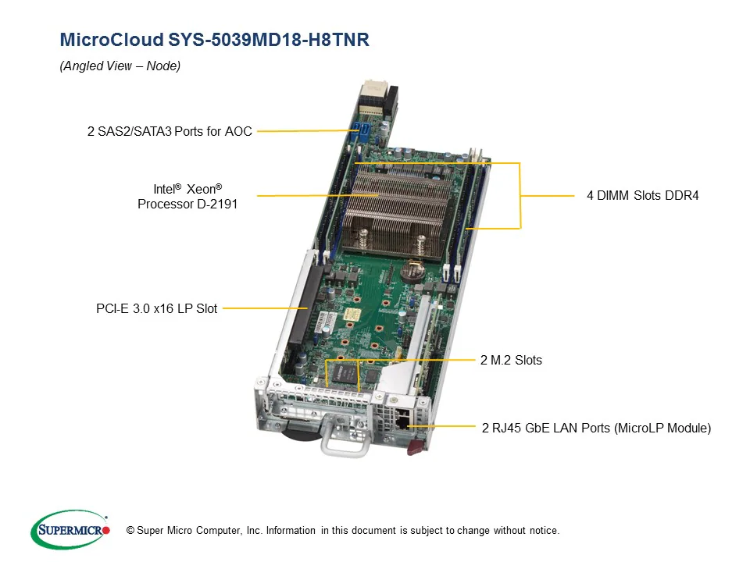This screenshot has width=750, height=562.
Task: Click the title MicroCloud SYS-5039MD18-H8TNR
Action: tap(214, 41)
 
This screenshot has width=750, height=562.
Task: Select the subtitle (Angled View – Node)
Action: tap(120, 66)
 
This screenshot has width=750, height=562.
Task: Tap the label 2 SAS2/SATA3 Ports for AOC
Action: tap(170, 131)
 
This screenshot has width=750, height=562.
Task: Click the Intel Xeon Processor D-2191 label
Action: tap(187, 196)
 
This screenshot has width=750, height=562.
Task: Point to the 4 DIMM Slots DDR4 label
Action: tap(642, 195)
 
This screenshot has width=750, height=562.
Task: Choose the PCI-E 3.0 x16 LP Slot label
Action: tap(156, 308)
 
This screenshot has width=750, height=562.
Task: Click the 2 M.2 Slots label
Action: tap(511, 360)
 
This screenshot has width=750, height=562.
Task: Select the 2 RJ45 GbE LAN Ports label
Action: tap(596, 427)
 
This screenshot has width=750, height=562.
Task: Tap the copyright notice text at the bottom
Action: tap(337, 531)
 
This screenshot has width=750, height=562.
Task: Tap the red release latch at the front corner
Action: tap(414, 446)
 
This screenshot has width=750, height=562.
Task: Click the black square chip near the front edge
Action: tap(343, 373)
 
